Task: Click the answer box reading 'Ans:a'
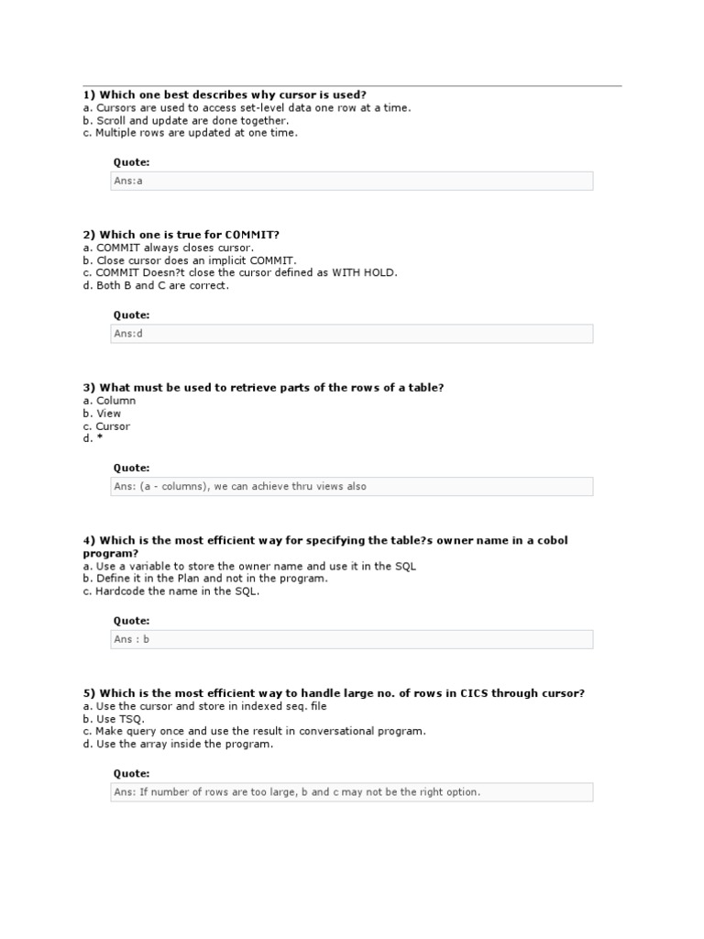[x=351, y=181]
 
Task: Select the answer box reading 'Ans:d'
[x=351, y=334]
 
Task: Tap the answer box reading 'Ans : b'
[x=351, y=639]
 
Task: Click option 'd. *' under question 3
[x=88, y=439]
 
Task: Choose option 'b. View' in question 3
[x=101, y=414]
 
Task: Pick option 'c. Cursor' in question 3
[x=105, y=426]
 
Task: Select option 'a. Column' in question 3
[x=108, y=401]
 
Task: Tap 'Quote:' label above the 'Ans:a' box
[x=131, y=162]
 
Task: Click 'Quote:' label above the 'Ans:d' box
[x=131, y=315]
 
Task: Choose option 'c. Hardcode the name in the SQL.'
[x=170, y=591]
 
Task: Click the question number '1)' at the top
[x=89, y=94]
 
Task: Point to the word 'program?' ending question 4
[x=110, y=554]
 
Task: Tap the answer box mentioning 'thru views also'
[x=351, y=487]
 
